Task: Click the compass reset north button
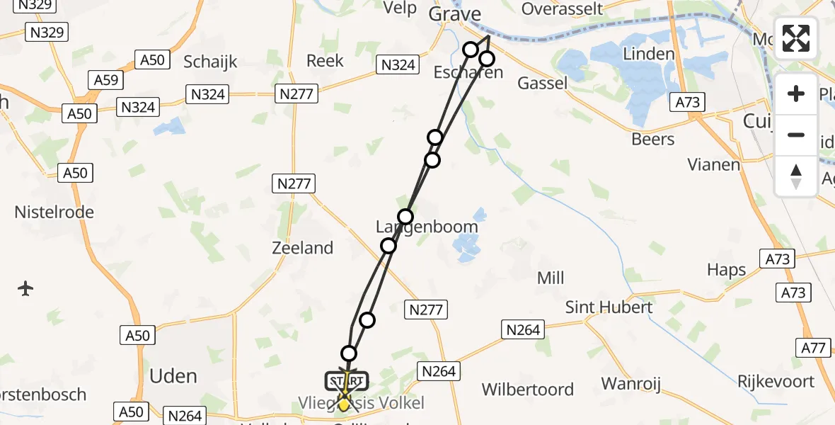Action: click(x=796, y=176)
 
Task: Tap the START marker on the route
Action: click(x=347, y=381)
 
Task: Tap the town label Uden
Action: click(x=174, y=375)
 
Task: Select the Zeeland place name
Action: click(x=303, y=248)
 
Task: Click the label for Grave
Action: click(x=455, y=14)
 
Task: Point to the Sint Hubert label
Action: click(x=609, y=307)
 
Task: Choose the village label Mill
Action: click(x=551, y=278)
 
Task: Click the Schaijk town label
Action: click(x=210, y=62)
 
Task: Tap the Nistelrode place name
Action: click(x=54, y=212)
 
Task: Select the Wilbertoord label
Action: click(x=528, y=390)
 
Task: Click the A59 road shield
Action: click(x=106, y=81)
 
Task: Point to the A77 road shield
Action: click(x=813, y=347)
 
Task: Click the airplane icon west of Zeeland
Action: click(x=26, y=288)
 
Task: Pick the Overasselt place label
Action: click(x=562, y=8)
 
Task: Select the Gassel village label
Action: click(x=543, y=84)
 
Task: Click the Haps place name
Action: click(x=727, y=270)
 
